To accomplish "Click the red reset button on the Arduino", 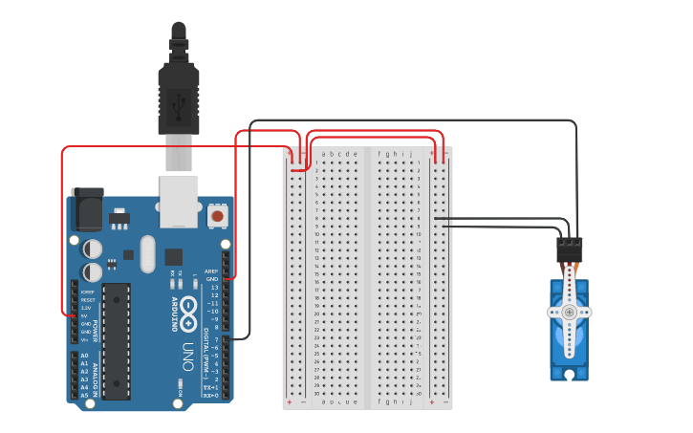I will tap(217, 217).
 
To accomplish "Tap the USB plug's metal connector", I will tap(180, 154).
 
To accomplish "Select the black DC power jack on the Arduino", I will tap(88, 209).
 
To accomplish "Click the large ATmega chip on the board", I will tap(116, 340).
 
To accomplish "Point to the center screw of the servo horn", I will tap(569, 312).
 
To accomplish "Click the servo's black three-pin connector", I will tap(570, 249).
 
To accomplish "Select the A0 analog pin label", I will tap(84, 356).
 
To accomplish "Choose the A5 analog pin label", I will tap(84, 395).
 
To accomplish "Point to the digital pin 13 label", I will tap(214, 287).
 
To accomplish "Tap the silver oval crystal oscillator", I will tap(146, 254).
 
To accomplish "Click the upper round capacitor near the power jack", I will tap(93, 249).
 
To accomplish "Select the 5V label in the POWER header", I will tap(86, 315).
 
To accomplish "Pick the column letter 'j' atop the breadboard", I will tap(411, 154).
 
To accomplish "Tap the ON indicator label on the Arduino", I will tap(180, 385).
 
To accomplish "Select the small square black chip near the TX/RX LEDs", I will tap(173, 256).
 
